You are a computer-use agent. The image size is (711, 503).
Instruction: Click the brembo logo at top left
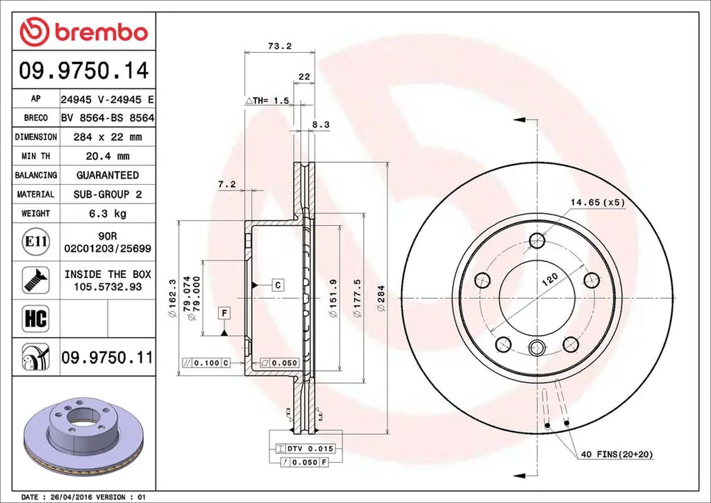coord(83,32)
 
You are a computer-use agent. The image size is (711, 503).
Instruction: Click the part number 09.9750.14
coord(83,71)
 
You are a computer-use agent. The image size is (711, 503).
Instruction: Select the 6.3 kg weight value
coord(107,213)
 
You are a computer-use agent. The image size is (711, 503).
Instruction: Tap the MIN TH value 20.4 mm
coord(107,156)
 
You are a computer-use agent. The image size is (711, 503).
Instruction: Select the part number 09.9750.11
coord(107,357)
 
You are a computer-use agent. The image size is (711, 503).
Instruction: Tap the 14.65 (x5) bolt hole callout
coord(598,202)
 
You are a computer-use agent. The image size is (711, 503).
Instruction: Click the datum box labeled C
coord(277,285)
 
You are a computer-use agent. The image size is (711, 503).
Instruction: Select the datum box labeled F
coord(224,313)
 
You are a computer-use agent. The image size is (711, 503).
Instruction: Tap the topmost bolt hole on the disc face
coord(536,241)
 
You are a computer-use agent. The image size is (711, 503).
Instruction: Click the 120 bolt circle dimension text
coord(550,281)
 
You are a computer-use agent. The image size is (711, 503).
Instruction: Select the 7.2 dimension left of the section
coord(227,184)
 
